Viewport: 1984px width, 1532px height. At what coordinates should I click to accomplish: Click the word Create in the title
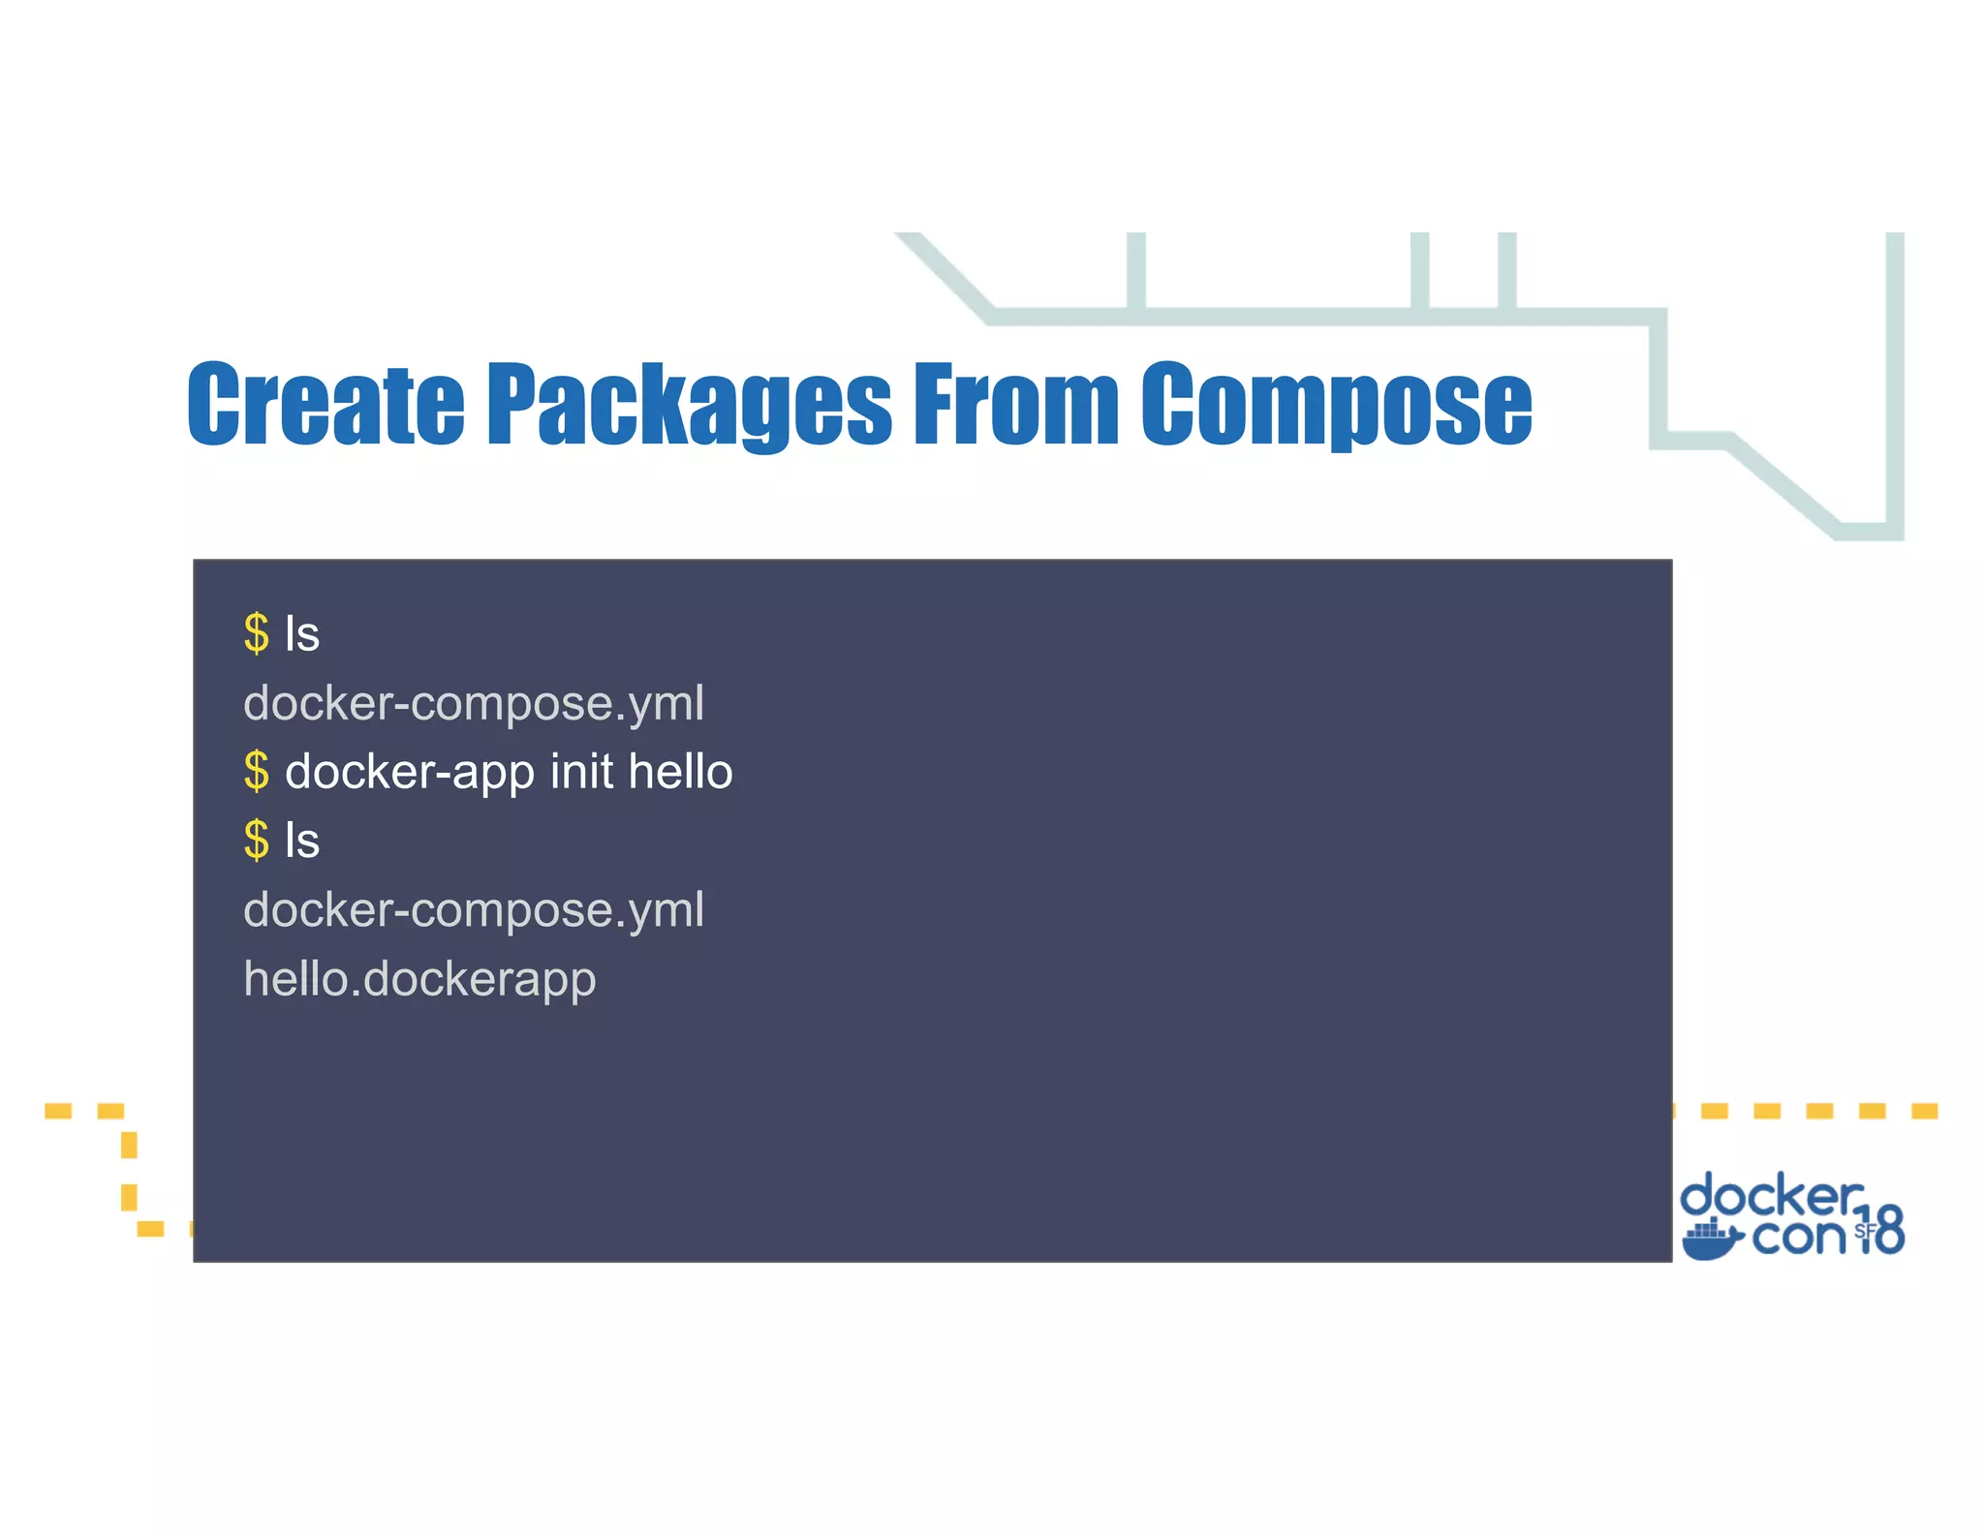click(x=325, y=404)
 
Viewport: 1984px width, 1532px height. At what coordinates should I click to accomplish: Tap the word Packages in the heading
click(x=688, y=404)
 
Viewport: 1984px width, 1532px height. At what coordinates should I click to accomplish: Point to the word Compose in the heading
click(x=1336, y=404)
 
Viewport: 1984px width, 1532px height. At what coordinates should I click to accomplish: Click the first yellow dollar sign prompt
click(x=257, y=634)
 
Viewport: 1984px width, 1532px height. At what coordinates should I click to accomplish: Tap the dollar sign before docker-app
click(x=257, y=772)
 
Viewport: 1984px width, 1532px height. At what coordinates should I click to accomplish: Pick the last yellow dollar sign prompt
click(x=257, y=841)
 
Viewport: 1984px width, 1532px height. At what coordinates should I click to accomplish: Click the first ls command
click(x=302, y=634)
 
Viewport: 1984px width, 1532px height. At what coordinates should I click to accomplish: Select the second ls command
click(x=302, y=841)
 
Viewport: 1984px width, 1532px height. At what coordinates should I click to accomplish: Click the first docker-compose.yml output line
click(x=474, y=703)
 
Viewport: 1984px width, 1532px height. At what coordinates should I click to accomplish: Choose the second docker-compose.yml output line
click(x=474, y=910)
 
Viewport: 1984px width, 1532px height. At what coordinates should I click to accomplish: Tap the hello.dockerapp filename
click(x=419, y=979)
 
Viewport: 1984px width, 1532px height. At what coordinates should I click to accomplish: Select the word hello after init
click(x=680, y=772)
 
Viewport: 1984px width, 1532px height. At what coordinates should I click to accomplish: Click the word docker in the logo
click(x=1771, y=1197)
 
